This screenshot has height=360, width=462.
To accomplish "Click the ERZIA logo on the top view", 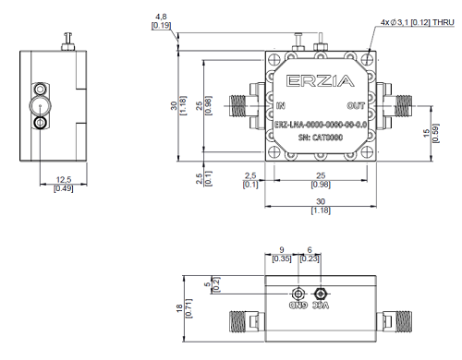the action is (321, 81).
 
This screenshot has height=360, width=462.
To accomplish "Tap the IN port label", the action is (281, 106).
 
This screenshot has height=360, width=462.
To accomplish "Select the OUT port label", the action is (356, 106).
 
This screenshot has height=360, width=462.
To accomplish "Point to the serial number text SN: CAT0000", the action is (321, 138).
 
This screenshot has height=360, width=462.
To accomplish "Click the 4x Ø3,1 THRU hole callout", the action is (418, 22).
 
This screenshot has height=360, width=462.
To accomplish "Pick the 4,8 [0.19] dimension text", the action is (161, 21).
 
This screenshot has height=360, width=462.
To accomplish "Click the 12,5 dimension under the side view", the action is (64, 184).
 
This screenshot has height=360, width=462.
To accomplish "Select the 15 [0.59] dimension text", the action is (431, 133).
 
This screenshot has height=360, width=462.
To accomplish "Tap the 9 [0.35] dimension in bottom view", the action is (282, 255).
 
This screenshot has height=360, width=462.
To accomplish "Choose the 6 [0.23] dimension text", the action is (310, 255).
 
